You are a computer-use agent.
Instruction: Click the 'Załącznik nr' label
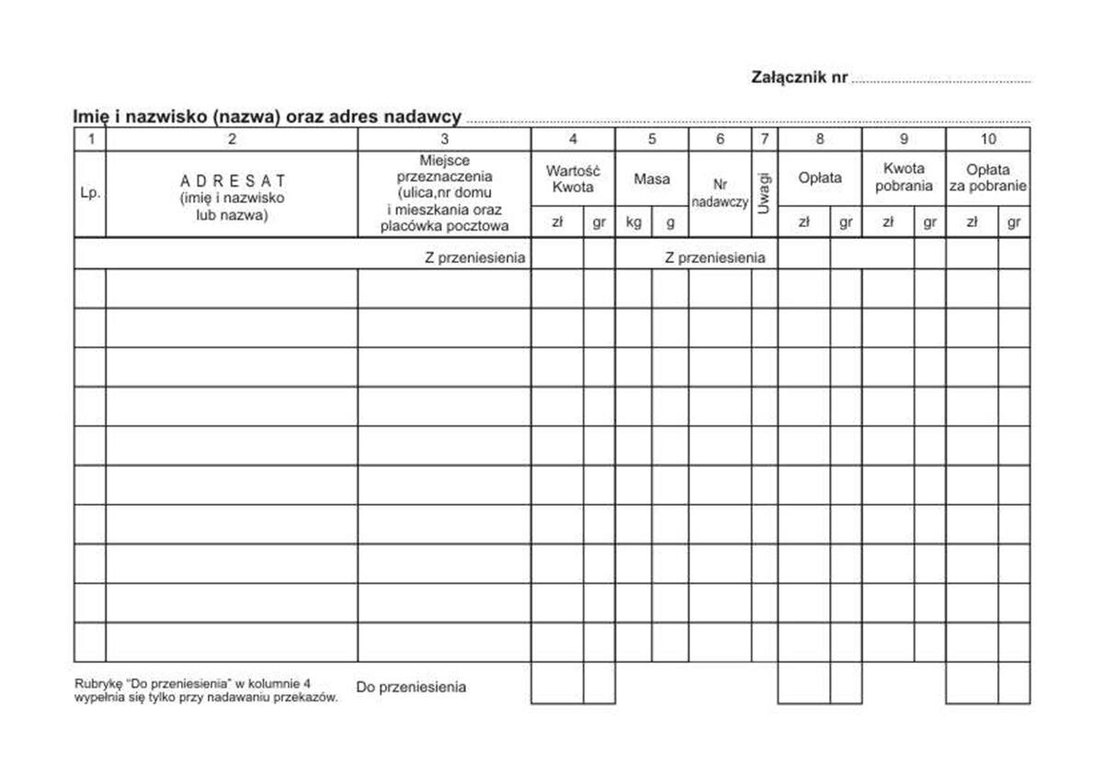tap(799, 78)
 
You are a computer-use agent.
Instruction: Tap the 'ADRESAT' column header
tap(232, 181)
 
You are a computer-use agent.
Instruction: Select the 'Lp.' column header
tap(90, 194)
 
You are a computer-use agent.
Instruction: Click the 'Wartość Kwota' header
tap(573, 178)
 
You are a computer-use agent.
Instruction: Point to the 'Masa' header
tap(652, 179)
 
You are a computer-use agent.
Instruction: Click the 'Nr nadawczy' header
tap(720, 193)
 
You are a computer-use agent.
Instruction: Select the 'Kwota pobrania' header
tap(904, 177)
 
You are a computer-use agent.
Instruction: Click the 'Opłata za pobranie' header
tap(988, 178)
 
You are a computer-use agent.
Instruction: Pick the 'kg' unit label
tap(633, 222)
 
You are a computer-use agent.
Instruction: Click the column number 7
tap(765, 140)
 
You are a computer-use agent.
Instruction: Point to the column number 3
tap(444, 140)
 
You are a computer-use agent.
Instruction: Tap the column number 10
tap(987, 140)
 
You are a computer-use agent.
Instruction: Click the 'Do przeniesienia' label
tap(411, 687)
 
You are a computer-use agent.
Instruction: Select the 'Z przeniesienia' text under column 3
tap(475, 258)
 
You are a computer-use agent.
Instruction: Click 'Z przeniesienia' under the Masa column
tap(714, 258)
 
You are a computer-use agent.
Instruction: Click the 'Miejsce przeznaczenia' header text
tap(444, 168)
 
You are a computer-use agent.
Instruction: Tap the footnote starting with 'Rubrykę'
tap(206, 690)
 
